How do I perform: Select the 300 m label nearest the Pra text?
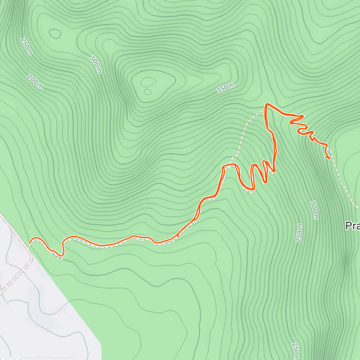314,210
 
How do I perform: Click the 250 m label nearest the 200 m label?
26,46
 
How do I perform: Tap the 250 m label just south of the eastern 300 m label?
299,233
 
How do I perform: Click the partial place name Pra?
353,226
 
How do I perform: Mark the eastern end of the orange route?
329,158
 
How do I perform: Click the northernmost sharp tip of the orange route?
266,104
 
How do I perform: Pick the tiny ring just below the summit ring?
148,92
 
